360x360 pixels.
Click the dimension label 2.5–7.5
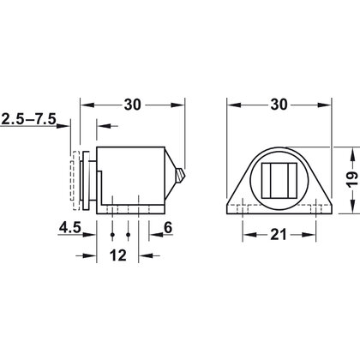pyautogui.click(x=30, y=119)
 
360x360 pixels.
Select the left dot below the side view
pyautogui.click(x=113, y=234)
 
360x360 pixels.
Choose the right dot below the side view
pyautogui.click(x=128, y=234)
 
